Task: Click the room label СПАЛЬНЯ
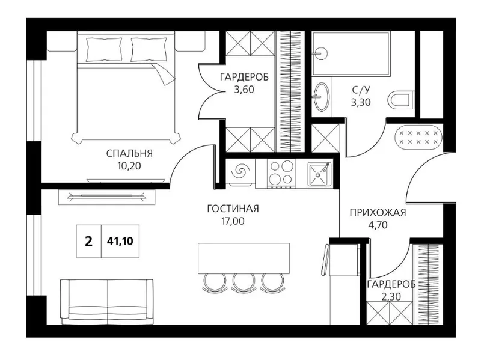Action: (129, 153)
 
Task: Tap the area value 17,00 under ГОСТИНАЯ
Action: (233, 221)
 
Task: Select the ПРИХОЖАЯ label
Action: (378, 212)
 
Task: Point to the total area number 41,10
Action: (120, 242)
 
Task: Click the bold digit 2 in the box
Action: (88, 242)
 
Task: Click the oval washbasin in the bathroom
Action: (321, 96)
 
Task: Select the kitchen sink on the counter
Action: (320, 174)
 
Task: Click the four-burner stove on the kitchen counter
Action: (281, 173)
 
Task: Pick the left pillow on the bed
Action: (104, 49)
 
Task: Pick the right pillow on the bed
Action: (149, 49)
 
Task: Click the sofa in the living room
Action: (107, 302)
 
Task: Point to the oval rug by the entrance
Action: (418, 137)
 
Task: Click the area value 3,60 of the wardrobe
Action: (244, 90)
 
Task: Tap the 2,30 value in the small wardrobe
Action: (390, 296)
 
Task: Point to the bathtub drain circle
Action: (321, 53)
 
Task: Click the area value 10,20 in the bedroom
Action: (129, 166)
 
